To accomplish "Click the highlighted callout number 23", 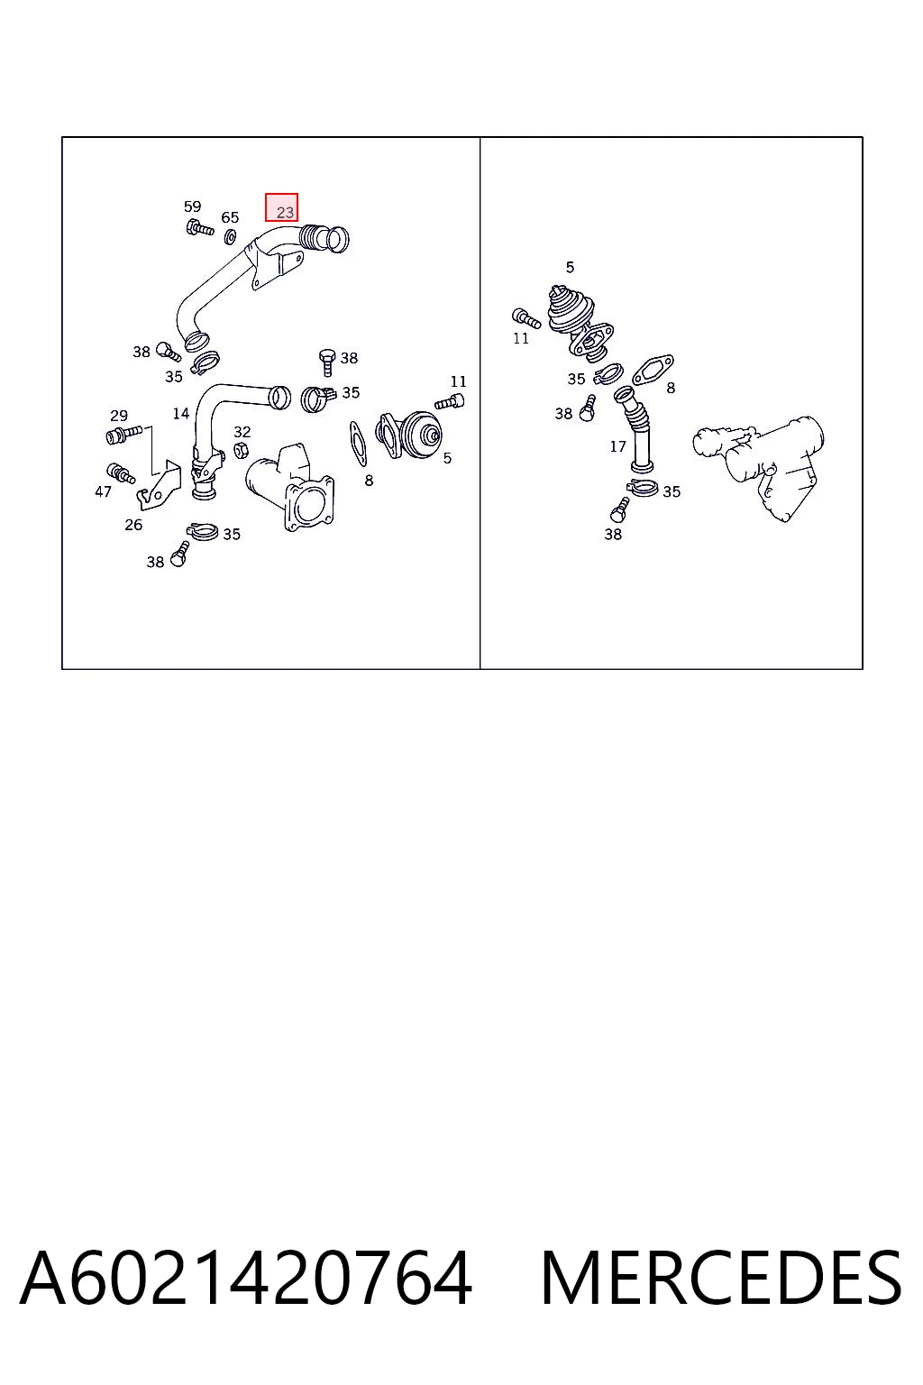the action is [285, 212].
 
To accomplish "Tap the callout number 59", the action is [192, 206].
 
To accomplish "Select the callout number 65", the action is [230, 217].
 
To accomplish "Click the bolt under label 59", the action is [199, 227].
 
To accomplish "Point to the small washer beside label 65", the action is [231, 235].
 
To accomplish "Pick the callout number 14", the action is [180, 413].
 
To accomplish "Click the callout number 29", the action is [119, 416].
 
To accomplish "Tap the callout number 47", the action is [103, 491].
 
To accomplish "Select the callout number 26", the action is [133, 525].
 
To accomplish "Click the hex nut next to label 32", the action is [242, 451].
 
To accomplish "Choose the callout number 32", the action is [242, 432].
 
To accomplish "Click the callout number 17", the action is [617, 445].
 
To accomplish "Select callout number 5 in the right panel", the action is [570, 267].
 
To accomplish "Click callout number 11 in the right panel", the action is [521, 338].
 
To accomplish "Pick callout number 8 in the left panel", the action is [369, 481].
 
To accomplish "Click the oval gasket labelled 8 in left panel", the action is [358, 444].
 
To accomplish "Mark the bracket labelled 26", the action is [159, 484].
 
